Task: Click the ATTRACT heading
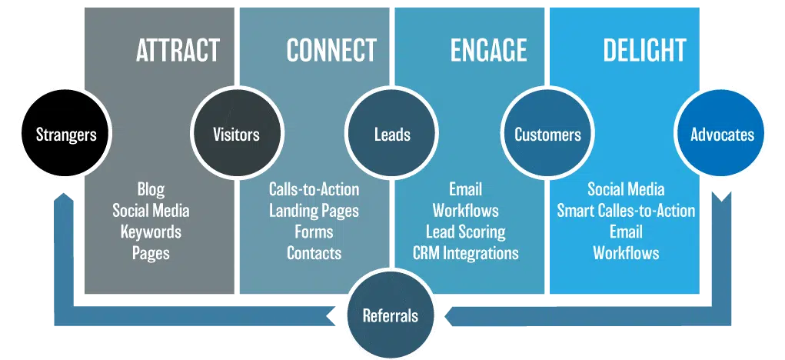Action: click(x=178, y=50)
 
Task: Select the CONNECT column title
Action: click(x=331, y=50)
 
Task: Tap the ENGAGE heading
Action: click(x=488, y=50)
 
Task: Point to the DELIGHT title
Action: click(x=644, y=50)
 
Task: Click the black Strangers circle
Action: click(x=65, y=134)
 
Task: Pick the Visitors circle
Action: click(x=236, y=134)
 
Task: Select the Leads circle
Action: click(x=392, y=134)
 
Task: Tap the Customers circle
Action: click(x=547, y=134)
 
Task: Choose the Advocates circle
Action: click(x=722, y=134)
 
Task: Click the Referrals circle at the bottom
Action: click(x=390, y=316)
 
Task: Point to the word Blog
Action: click(x=151, y=190)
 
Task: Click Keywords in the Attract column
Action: click(x=151, y=232)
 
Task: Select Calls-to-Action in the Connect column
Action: click(x=314, y=189)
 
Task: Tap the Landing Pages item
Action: click(x=314, y=211)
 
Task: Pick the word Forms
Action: click(x=314, y=232)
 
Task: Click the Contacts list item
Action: click(x=314, y=253)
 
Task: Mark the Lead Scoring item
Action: click(x=466, y=232)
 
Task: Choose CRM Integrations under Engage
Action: click(x=466, y=253)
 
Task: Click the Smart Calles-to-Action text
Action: click(x=626, y=211)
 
